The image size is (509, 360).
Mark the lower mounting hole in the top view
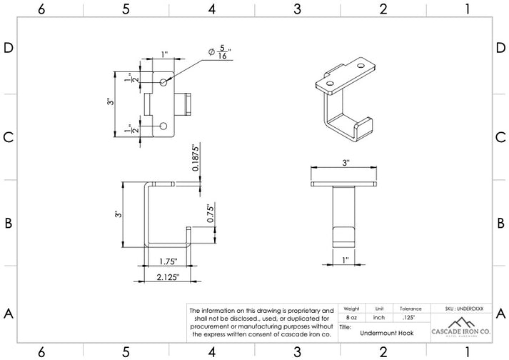coord(164,126)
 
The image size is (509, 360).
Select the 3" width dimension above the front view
coord(346,163)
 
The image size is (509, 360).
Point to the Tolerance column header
coord(410,309)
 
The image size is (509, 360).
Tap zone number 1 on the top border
coord(467,9)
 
